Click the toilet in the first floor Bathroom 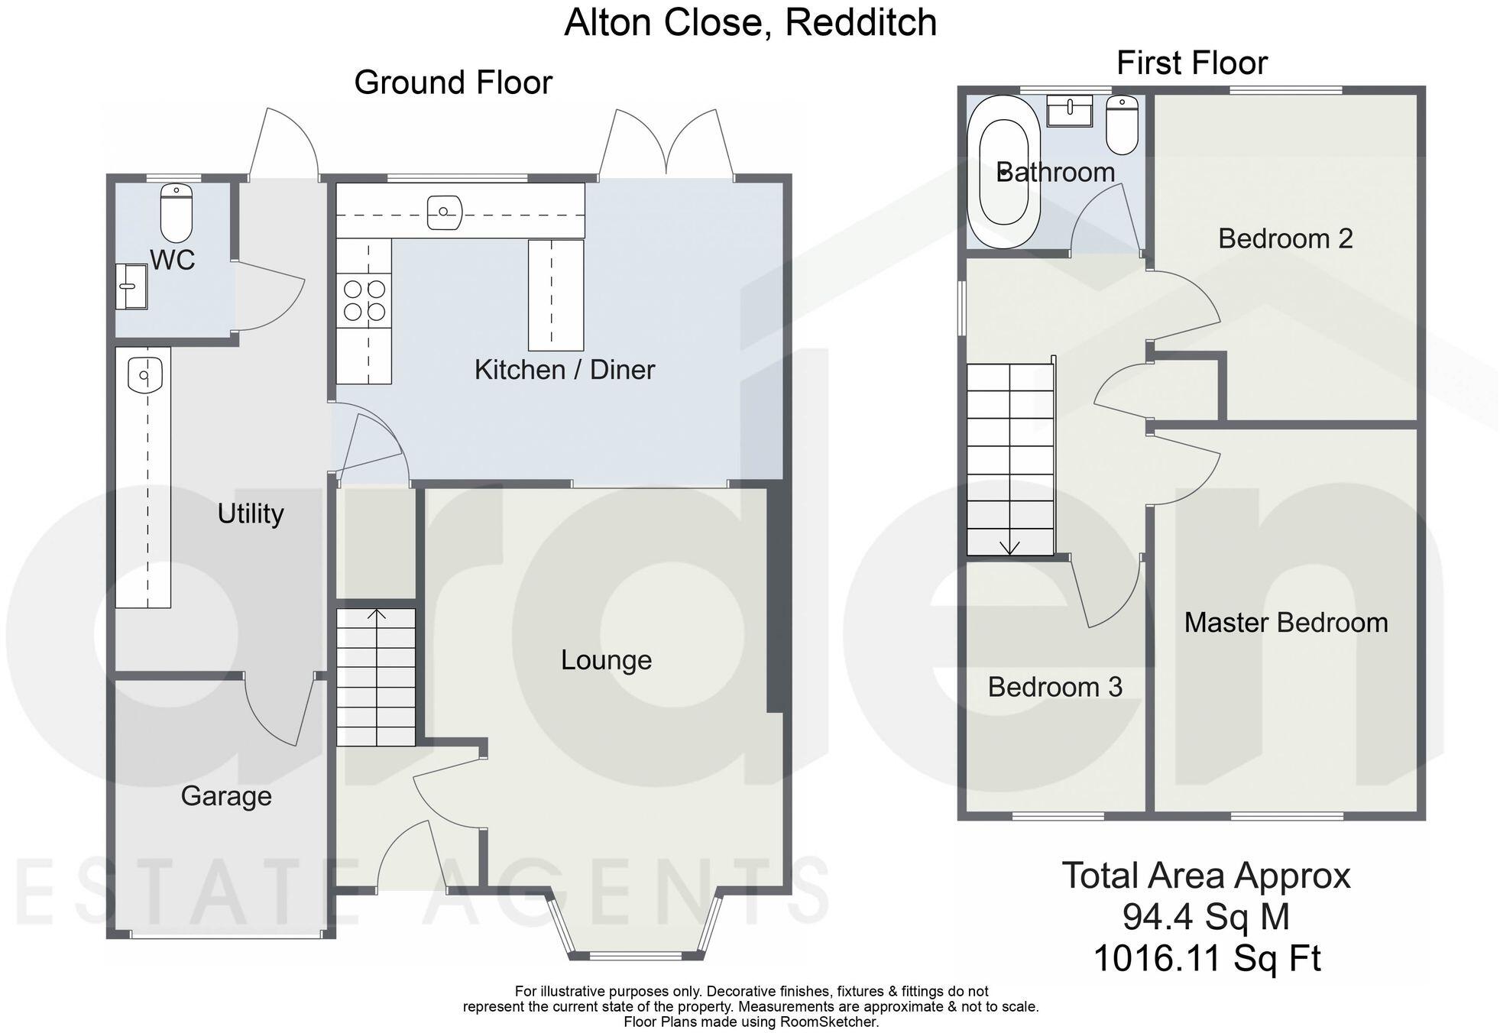pos(1122,125)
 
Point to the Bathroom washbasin pos(1070,112)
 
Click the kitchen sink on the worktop pos(444,211)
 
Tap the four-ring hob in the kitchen pos(364,300)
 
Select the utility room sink pos(144,374)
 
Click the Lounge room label pos(606,660)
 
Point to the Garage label pos(226,796)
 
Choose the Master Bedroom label pos(1286,623)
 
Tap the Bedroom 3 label pos(1055,687)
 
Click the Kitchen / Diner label pos(565,370)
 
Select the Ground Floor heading pos(453,83)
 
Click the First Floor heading pos(1191,63)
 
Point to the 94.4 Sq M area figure pos(1206,917)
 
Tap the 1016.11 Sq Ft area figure pos(1207,958)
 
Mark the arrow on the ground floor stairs pos(377,614)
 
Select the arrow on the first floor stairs pos(1010,546)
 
